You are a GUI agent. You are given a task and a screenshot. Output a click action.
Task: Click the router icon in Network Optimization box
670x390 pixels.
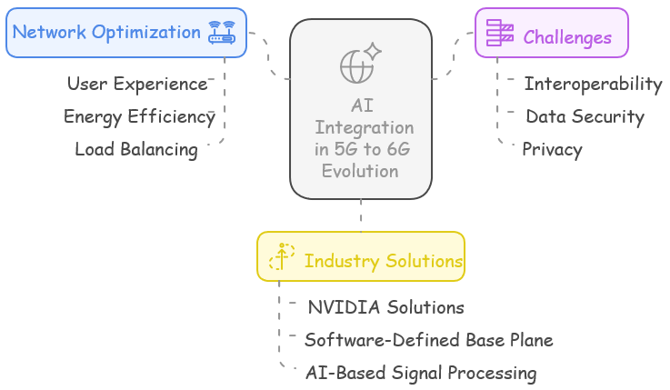point(222,33)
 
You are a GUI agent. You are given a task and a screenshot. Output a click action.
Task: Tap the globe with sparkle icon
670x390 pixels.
point(360,63)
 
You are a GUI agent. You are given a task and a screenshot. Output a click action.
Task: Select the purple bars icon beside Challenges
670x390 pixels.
point(500,33)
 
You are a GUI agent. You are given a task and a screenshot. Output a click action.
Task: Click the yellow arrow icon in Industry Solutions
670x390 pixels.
point(282,256)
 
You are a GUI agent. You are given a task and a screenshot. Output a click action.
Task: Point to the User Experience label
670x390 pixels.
point(137,84)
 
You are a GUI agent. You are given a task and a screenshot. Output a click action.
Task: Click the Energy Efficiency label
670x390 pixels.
point(139,116)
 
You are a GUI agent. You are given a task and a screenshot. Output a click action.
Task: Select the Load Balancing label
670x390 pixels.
point(136,149)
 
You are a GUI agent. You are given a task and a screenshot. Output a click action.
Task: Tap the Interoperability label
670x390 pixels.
point(593,84)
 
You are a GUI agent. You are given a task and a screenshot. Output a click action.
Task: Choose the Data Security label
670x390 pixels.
point(585,116)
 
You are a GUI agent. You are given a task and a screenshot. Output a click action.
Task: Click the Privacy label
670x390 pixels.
point(552,149)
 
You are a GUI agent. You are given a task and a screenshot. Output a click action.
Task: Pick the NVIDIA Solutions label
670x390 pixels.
point(385,307)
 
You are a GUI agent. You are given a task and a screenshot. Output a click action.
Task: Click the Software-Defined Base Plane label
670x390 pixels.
point(429,340)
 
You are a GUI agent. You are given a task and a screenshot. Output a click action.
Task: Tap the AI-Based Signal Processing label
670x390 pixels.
point(421,373)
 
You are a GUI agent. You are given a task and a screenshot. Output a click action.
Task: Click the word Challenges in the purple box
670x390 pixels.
point(567,37)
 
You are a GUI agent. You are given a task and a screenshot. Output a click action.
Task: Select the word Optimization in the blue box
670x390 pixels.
point(146,33)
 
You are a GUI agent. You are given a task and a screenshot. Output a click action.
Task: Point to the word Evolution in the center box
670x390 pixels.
point(360,171)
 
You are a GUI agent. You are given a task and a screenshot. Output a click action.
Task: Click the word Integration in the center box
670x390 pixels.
point(364,127)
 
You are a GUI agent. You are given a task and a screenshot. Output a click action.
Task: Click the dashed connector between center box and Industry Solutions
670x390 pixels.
point(361,215)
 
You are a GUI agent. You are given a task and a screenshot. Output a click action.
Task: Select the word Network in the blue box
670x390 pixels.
point(49,32)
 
